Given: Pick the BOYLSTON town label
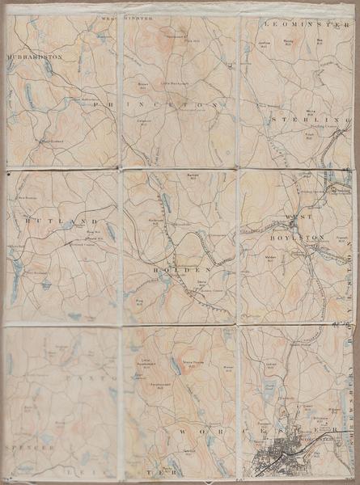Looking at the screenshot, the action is coord(303,238).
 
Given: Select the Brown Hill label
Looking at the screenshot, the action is coord(143,85).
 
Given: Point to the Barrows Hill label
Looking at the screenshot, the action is coord(193,175).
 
